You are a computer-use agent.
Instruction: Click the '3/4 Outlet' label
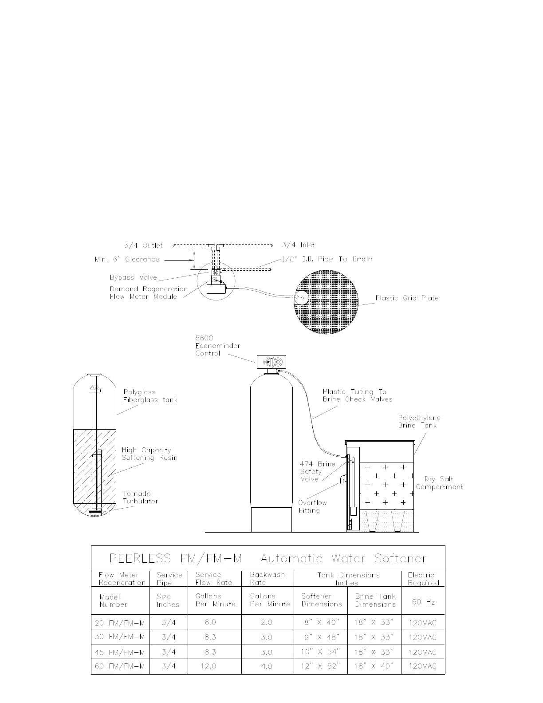pyautogui.click(x=143, y=245)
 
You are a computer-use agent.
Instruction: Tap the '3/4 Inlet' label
pyautogui.click(x=299, y=245)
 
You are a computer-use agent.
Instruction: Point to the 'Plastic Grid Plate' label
pyautogui.click(x=407, y=298)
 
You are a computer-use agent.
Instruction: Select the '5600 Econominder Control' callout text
pyautogui.click(x=208, y=346)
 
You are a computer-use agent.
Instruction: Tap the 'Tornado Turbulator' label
pyautogui.click(x=140, y=498)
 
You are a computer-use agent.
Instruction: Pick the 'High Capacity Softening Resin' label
pyautogui.click(x=150, y=454)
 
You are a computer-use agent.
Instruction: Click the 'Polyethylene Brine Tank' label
pyautogui.click(x=419, y=422)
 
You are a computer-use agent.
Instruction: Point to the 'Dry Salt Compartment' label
pyautogui.click(x=439, y=483)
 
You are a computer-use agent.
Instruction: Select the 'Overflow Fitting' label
pyautogui.click(x=312, y=506)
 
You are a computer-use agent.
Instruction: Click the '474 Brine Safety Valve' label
pyautogui.click(x=317, y=471)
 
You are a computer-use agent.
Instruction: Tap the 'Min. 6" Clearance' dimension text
pyautogui.click(x=127, y=260)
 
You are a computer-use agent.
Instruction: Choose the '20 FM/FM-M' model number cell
pyautogui.click(x=120, y=623)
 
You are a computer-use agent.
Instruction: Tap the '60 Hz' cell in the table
pyautogui.click(x=423, y=602)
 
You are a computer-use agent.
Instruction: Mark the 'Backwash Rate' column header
pyautogui.click(x=267, y=579)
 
